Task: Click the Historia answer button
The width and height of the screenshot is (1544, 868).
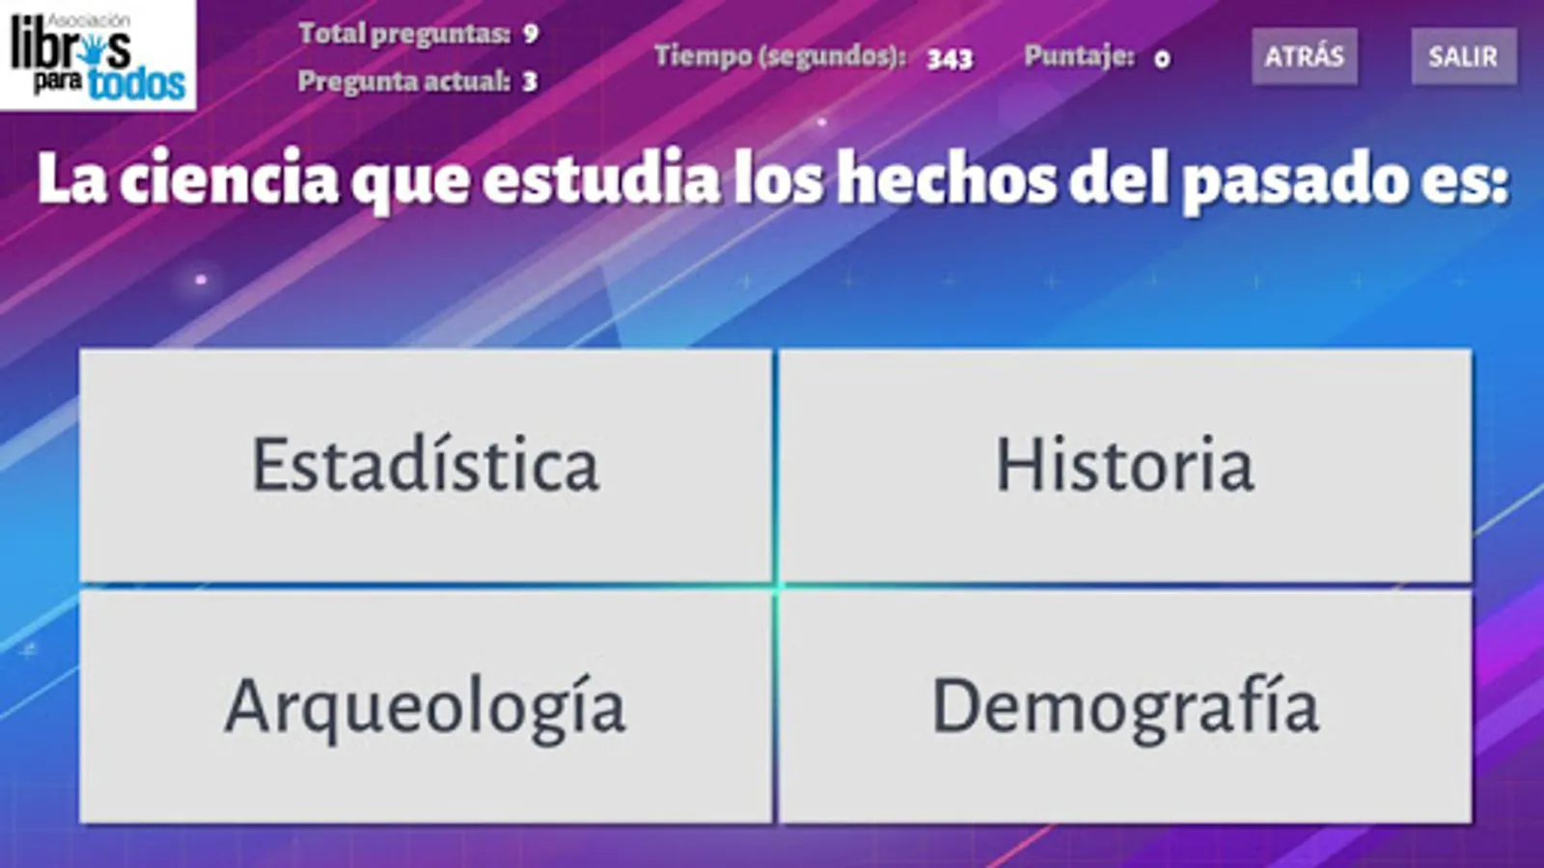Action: (x=1125, y=466)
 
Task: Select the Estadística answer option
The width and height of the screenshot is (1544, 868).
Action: (x=426, y=466)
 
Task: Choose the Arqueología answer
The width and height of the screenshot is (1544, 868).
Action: (x=426, y=707)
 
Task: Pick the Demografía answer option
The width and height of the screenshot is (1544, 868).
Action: (x=1125, y=707)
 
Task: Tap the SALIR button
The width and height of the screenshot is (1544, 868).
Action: (x=1463, y=57)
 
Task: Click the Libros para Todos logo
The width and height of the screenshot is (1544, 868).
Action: (x=97, y=55)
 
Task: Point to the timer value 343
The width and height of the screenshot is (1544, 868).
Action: (x=950, y=59)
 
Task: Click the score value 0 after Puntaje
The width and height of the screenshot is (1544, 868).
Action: (x=1162, y=60)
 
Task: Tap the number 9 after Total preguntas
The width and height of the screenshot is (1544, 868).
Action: (x=530, y=34)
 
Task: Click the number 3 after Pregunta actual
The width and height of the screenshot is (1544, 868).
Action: (x=530, y=82)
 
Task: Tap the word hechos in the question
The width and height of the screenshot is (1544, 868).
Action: (x=947, y=177)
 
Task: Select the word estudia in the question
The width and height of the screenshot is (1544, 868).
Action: (x=601, y=177)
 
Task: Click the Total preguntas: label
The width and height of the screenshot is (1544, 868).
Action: (x=404, y=34)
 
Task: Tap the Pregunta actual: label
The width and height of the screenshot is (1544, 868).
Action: (x=404, y=82)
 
